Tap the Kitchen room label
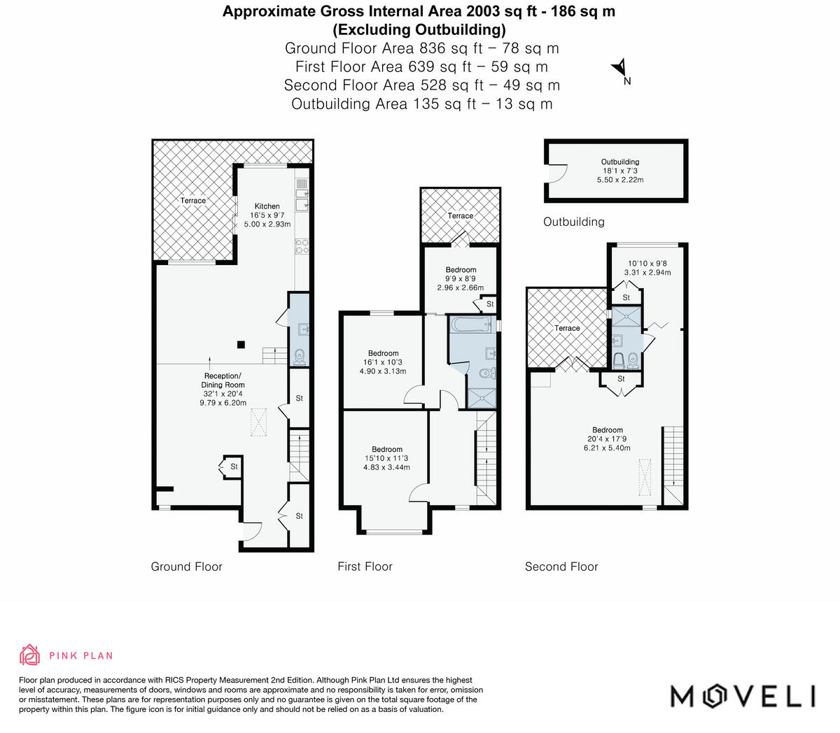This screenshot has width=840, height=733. point(267,206)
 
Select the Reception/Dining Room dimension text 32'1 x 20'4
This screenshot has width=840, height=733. point(223,394)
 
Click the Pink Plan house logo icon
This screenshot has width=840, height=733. point(29,655)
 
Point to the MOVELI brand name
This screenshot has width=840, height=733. point(743,696)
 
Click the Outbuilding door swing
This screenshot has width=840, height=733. point(557,173)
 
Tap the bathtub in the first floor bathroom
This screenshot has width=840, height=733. point(472,325)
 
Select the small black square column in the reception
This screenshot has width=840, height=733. point(240,343)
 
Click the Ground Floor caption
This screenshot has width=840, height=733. point(186,567)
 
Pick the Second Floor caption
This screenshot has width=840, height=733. point(561,567)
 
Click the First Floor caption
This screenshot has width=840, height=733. point(365,567)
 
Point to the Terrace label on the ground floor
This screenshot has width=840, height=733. point(193,201)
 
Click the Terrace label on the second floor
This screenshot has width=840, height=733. point(567,328)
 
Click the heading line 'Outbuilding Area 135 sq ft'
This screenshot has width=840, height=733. point(421,104)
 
